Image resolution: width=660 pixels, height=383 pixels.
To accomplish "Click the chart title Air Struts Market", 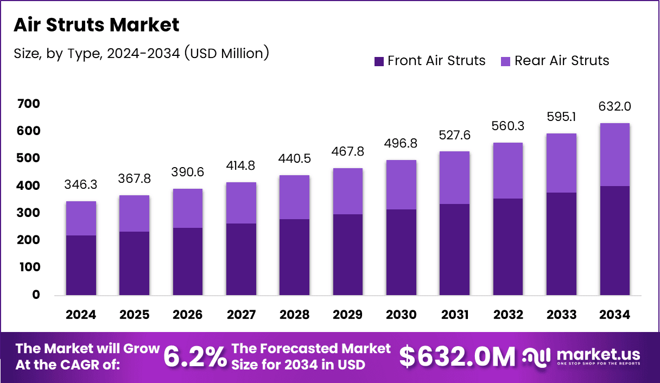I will (x=96, y=25).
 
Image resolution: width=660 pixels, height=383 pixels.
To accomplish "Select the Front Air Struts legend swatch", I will (x=379, y=61).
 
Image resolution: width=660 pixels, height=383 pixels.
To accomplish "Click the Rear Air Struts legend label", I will (x=562, y=61).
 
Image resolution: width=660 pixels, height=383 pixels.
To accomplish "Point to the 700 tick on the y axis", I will (x=28, y=104).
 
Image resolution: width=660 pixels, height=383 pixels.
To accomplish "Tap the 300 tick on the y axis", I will (x=28, y=213).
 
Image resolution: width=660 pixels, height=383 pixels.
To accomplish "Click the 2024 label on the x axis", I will (x=81, y=315).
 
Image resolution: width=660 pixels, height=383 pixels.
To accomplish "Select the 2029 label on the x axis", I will (x=348, y=315).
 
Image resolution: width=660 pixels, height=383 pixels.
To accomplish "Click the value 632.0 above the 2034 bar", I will (x=615, y=106).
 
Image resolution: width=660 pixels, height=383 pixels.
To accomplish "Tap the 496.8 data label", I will (x=401, y=144).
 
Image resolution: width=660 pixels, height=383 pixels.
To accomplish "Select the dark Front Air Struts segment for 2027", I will (x=241, y=259).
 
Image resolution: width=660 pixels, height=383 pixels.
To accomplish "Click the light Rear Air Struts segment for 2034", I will (x=615, y=155).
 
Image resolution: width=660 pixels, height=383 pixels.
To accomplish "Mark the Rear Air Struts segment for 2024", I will (x=81, y=218).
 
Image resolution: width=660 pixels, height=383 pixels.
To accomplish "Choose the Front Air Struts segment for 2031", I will (x=454, y=250).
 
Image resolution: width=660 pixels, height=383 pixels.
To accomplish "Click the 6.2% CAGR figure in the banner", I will (x=195, y=356).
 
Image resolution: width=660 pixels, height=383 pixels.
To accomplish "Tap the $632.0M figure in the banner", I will (x=457, y=356).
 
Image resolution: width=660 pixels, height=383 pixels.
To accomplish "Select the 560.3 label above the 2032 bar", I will (x=508, y=126).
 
